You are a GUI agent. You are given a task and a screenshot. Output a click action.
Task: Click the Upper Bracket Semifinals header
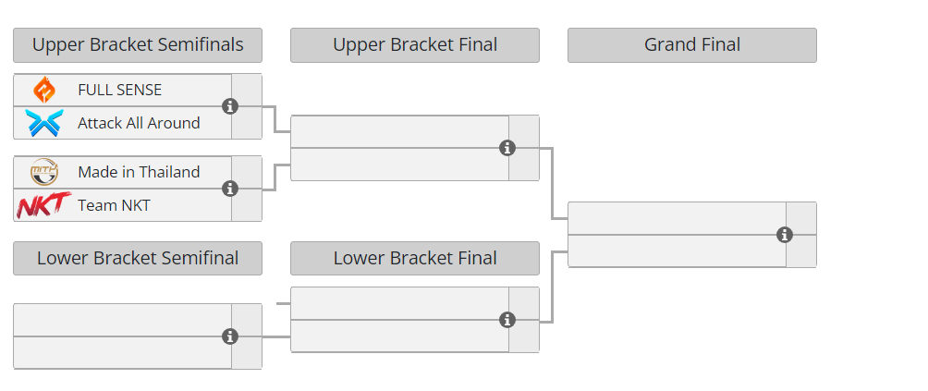click(x=138, y=45)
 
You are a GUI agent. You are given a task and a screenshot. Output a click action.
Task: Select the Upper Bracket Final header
click(x=415, y=45)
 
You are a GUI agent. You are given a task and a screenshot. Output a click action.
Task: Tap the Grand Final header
click(x=692, y=45)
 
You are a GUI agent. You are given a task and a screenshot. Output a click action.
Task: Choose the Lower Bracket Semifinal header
click(x=138, y=259)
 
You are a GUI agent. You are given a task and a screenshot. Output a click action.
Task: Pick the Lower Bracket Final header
click(x=415, y=259)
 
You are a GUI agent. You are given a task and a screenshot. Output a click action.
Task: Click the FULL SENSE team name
click(x=119, y=90)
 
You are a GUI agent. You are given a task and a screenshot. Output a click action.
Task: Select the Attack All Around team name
click(x=139, y=123)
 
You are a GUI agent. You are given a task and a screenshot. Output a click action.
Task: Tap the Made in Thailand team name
click(x=139, y=172)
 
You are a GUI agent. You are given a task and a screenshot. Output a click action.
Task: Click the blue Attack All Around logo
click(x=43, y=123)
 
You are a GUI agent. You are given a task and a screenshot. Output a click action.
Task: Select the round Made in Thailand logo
click(x=43, y=172)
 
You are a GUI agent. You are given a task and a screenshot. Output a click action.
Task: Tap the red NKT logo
click(x=43, y=205)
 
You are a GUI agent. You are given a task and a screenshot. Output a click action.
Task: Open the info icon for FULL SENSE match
click(x=231, y=106)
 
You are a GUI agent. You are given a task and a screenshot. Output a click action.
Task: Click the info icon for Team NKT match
click(x=231, y=189)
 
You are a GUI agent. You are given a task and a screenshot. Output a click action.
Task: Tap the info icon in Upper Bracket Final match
click(x=507, y=148)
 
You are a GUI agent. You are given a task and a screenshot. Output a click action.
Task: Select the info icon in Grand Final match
click(x=785, y=235)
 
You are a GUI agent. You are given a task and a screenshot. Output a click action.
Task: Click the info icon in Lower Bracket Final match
click(x=507, y=320)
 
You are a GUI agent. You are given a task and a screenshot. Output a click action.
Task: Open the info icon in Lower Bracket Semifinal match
click(x=231, y=336)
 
